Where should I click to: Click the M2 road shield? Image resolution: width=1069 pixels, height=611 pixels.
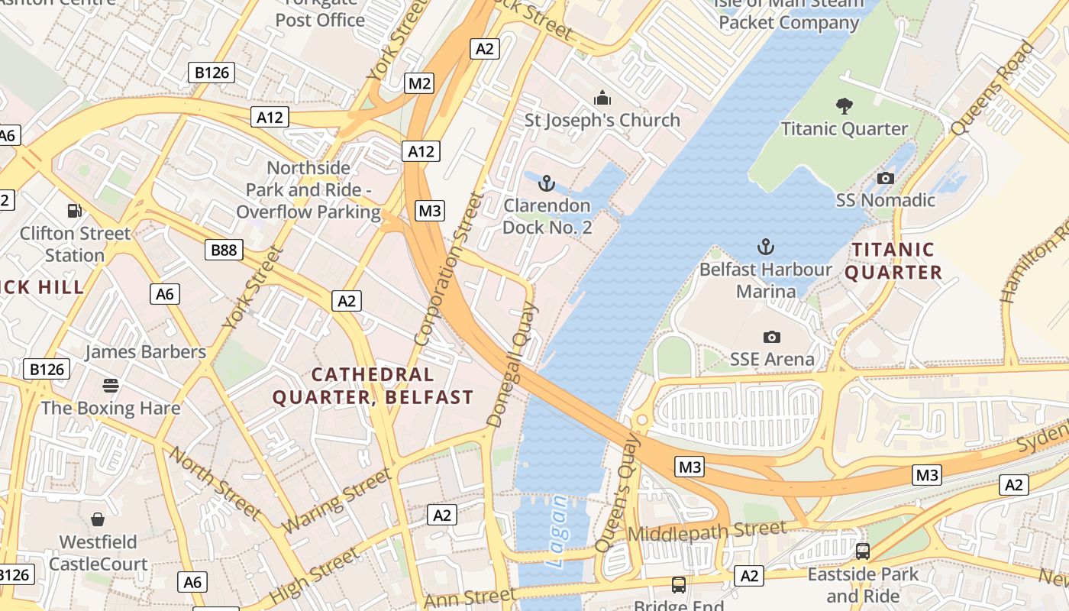pyautogui.click(x=419, y=83)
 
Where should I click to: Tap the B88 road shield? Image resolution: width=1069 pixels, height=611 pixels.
pyautogui.click(x=224, y=250)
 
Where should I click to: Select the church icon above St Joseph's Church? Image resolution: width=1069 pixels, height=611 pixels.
pyautogui.click(x=602, y=99)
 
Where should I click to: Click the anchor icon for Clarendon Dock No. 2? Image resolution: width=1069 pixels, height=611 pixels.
pyautogui.click(x=546, y=183)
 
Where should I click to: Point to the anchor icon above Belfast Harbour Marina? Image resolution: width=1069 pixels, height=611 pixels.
pyautogui.click(x=765, y=247)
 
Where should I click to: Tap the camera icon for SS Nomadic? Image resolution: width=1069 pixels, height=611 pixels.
pyautogui.click(x=885, y=179)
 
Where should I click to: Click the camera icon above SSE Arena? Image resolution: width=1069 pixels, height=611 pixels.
pyautogui.click(x=772, y=337)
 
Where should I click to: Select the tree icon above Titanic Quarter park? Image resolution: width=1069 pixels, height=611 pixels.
pyautogui.click(x=844, y=106)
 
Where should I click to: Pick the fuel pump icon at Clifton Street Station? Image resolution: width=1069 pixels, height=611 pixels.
pyautogui.click(x=74, y=211)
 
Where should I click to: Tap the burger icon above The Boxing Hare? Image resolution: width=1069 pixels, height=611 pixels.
pyautogui.click(x=111, y=385)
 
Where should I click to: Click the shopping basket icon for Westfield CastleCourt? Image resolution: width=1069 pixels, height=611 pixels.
pyautogui.click(x=98, y=520)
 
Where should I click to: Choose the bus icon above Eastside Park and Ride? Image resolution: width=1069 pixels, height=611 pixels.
pyautogui.click(x=863, y=551)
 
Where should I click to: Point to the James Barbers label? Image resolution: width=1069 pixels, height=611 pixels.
pyautogui.click(x=145, y=352)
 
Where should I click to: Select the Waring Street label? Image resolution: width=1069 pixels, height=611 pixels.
pyautogui.click(x=336, y=501)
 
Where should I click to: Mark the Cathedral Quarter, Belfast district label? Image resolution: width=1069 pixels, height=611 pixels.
pyautogui.click(x=373, y=386)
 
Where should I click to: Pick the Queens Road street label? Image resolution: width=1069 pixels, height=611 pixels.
pyautogui.click(x=992, y=88)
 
